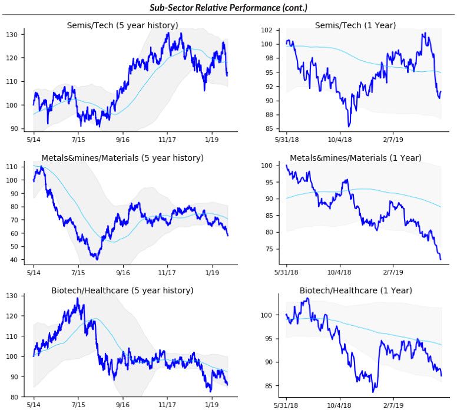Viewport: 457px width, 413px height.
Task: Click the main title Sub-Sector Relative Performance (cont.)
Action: tap(228, 7)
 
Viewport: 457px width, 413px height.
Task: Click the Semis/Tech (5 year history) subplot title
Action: tap(122, 25)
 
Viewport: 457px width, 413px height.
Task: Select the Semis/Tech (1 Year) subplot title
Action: tap(355, 25)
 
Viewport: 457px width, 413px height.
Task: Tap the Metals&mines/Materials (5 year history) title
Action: tap(122, 158)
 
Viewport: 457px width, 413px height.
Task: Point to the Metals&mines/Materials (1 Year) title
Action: tap(355, 158)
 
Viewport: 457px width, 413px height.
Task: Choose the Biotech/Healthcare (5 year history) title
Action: tap(122, 290)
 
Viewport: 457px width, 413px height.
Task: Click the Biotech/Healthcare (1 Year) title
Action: tap(355, 290)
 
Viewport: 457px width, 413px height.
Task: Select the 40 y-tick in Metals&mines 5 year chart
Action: tap(18, 260)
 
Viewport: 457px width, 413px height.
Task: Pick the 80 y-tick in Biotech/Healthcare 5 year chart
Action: tap(18, 397)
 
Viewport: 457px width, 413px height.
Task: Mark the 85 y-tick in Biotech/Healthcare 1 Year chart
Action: tap(269, 386)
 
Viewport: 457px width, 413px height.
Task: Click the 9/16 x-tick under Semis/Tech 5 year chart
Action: tap(122, 140)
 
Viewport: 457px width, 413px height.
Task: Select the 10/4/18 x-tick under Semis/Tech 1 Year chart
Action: tap(339, 140)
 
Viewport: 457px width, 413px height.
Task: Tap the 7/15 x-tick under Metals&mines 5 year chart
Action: tap(78, 273)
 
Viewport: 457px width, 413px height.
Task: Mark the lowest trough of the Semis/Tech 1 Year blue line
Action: tap(349, 126)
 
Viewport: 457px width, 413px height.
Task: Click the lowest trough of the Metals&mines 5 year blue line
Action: tap(97, 259)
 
